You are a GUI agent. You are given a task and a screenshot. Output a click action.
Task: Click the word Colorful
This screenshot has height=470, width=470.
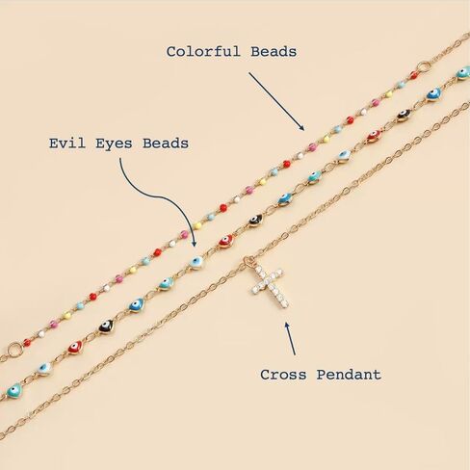[x=203, y=52]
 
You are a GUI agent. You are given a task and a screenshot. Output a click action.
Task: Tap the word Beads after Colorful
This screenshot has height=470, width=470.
[x=274, y=52]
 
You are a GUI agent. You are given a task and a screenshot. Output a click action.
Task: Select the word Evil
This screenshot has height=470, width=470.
[x=67, y=144]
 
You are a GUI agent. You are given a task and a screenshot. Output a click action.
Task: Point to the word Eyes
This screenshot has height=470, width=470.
[x=114, y=144]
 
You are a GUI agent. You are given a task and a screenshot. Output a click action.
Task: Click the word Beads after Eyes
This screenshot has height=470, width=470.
[x=166, y=144]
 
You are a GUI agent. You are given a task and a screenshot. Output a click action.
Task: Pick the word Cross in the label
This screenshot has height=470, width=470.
[x=283, y=375]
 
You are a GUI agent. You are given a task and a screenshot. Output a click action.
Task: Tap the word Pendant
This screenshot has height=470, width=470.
[x=349, y=375]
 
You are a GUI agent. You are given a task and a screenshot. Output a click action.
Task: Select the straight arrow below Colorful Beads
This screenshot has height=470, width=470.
[x=276, y=101]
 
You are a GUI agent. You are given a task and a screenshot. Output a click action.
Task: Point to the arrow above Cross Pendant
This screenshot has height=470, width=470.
[x=290, y=339]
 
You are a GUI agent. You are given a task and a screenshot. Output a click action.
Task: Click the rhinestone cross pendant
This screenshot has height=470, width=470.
[x=270, y=287]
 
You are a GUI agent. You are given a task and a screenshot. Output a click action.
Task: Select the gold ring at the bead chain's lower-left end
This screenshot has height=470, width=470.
[x=14, y=350]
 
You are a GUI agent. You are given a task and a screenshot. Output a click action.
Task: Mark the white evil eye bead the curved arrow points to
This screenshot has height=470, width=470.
[x=196, y=262]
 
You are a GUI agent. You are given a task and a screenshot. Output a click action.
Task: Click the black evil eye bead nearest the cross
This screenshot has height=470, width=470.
[x=255, y=221]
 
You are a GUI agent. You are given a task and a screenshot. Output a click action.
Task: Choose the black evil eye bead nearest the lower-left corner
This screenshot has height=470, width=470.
[x=106, y=326]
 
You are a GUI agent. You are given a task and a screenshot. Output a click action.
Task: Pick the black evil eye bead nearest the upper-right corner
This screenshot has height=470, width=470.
[x=404, y=115]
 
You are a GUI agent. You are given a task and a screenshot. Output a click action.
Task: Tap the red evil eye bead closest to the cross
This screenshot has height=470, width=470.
[x=226, y=241]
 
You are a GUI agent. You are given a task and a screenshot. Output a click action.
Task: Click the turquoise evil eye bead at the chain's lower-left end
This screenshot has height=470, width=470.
[x=14, y=391]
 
